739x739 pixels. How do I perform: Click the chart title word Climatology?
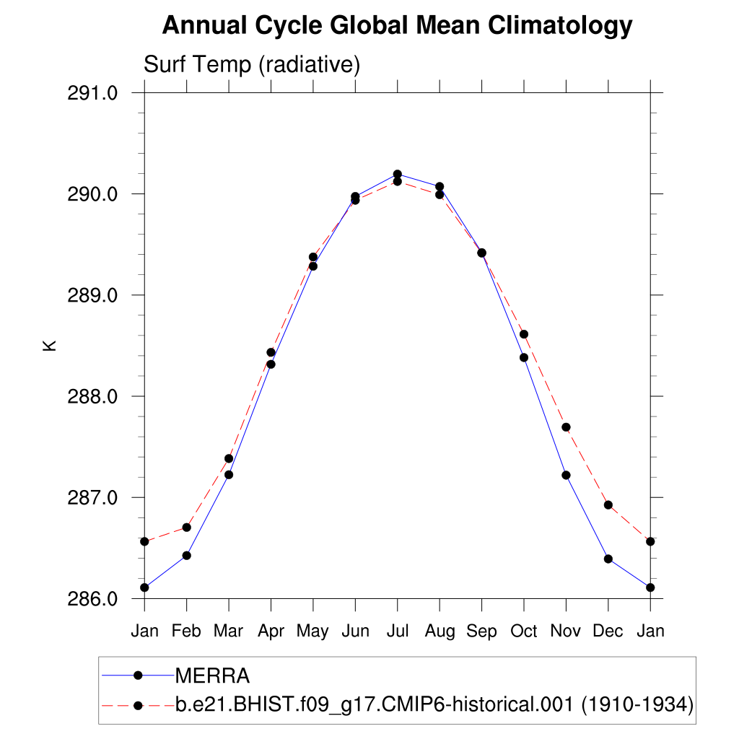pos(560,27)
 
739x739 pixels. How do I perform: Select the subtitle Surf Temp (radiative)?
pos(252,64)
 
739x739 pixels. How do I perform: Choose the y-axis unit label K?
pos(49,345)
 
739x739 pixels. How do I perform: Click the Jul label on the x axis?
pos(397,631)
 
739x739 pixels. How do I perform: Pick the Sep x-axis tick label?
pos(481,631)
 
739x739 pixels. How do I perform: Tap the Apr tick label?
pos(271,631)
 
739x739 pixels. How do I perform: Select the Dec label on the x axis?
pos(608,631)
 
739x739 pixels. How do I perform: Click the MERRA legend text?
pos(212,676)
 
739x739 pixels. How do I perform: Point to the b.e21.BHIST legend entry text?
pos(376,704)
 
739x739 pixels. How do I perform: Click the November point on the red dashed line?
pos(566,427)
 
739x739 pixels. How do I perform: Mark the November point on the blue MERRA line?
pos(566,475)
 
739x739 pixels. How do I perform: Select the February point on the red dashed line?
pos(187,528)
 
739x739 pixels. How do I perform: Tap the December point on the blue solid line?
pos(608,559)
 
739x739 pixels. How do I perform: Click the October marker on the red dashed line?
pos(524,334)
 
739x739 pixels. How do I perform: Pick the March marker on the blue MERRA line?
pos(229,474)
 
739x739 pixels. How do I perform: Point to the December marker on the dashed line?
pos(608,505)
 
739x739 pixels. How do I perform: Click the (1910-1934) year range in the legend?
pos(637,704)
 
